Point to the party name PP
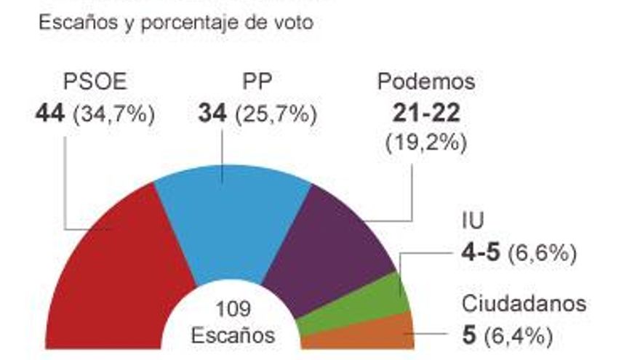(x=257, y=81)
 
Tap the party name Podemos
(x=426, y=81)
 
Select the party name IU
(x=473, y=220)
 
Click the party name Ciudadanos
(x=524, y=304)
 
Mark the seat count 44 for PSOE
(x=50, y=114)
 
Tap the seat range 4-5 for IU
(x=481, y=253)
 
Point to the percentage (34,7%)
(x=113, y=115)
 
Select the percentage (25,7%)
(x=276, y=115)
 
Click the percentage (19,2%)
(x=425, y=142)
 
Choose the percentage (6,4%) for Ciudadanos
(x=519, y=337)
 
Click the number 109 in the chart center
(x=232, y=308)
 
